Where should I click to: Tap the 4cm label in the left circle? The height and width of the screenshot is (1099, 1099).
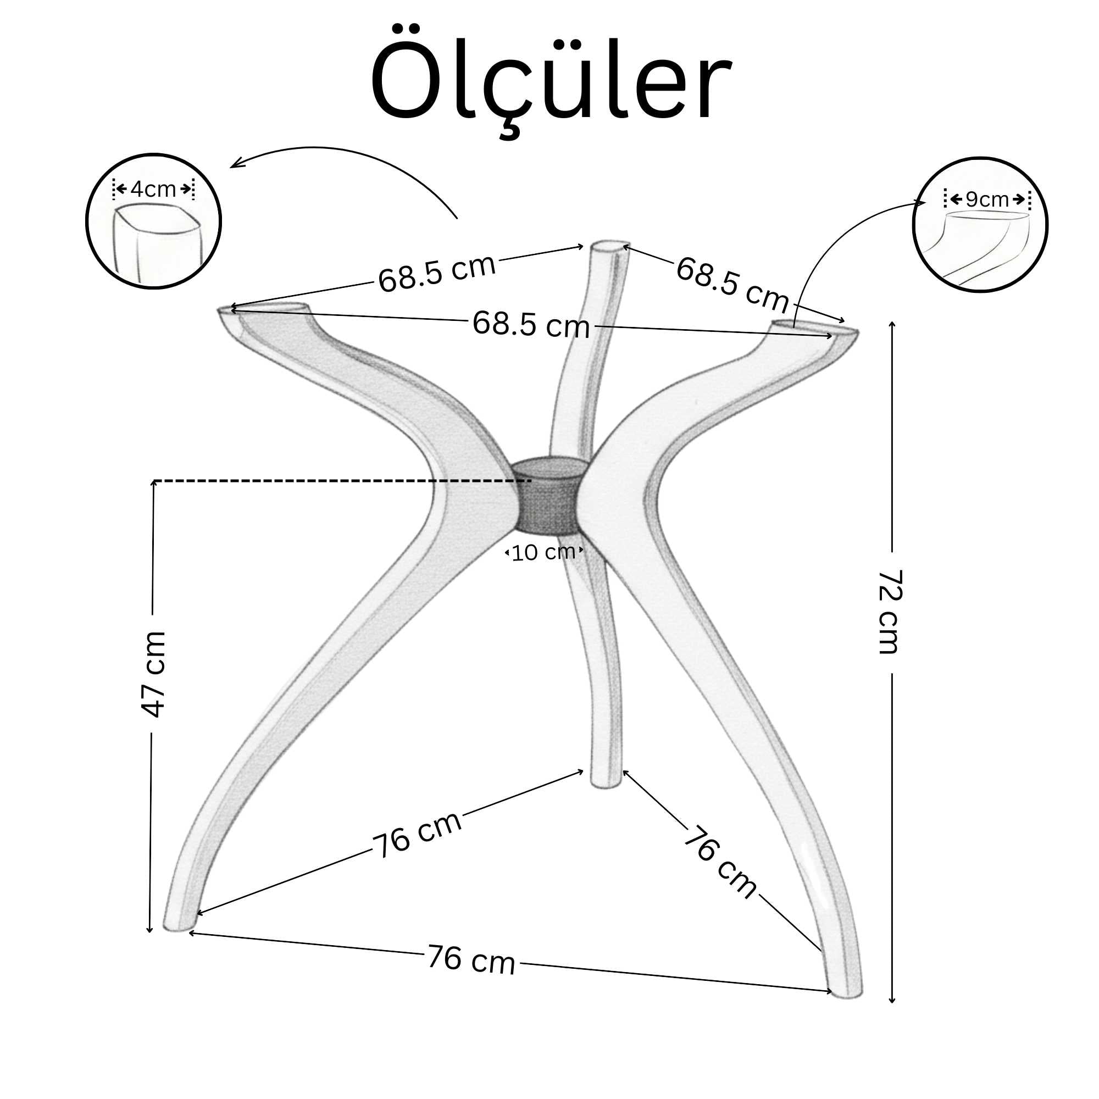153,190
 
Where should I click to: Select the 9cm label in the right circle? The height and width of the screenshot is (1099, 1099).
987,199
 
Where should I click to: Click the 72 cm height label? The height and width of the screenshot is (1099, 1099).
889,612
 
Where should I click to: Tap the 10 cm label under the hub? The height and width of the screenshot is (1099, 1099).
543,552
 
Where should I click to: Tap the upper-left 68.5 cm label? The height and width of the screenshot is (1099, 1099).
436,274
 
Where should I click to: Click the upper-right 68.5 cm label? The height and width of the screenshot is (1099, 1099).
732,285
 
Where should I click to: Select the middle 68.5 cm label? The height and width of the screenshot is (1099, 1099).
531,325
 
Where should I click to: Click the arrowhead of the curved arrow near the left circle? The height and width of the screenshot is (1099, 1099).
233,165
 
